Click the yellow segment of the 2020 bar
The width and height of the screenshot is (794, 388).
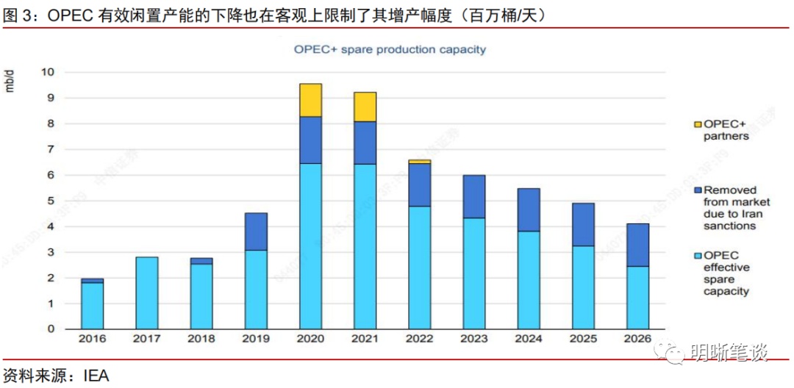click(x=310, y=100)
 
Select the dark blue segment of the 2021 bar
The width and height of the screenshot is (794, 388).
click(x=365, y=143)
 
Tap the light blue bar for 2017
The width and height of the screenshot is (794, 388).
click(x=147, y=292)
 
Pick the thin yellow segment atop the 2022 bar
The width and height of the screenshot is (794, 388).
click(x=419, y=161)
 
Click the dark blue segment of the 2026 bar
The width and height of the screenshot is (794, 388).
click(x=637, y=245)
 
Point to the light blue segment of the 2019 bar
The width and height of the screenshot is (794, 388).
click(x=256, y=289)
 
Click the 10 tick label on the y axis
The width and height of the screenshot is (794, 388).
click(x=48, y=72)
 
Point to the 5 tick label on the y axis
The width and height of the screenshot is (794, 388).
click(x=51, y=201)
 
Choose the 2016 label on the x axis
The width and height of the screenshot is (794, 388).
click(x=93, y=339)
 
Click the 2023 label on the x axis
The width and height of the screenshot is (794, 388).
click(x=473, y=339)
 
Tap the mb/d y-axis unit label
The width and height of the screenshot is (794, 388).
click(x=10, y=81)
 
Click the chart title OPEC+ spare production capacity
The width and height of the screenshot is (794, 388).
click(x=390, y=49)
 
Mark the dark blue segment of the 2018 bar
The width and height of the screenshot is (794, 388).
click(x=201, y=261)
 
